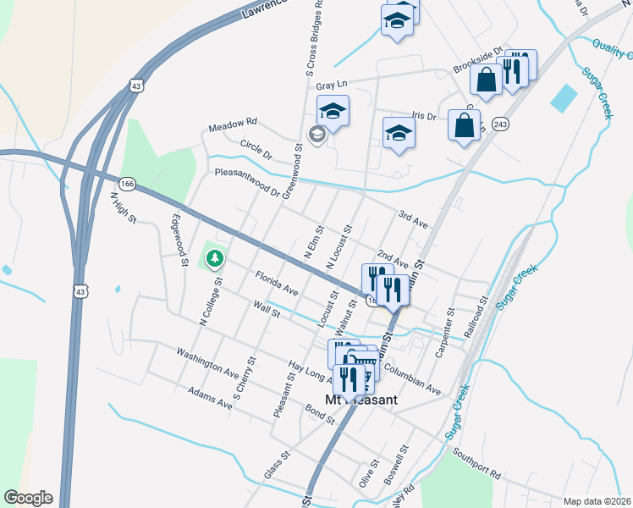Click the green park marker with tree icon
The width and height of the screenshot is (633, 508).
tap(216, 257)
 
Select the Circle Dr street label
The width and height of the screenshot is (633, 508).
tap(256, 150)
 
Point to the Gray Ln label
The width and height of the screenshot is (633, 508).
tap(332, 86)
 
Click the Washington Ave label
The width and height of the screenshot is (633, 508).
tap(207, 360)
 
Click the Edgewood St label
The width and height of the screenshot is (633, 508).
tap(179, 240)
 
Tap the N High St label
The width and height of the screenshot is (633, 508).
tap(124, 208)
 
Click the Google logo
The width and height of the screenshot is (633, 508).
tap(28, 498)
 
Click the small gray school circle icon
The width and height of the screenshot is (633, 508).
tap(316, 134)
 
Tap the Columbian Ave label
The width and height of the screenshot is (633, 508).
tap(412, 378)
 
